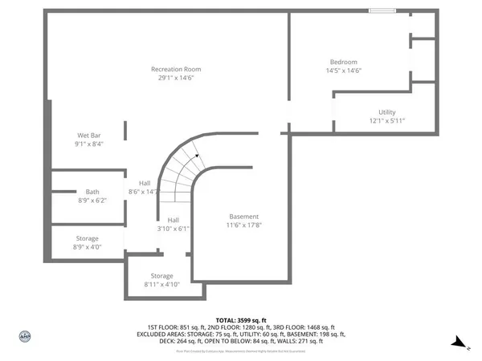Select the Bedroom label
(x=343, y=62)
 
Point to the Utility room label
(x=387, y=112)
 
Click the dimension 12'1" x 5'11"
(x=387, y=121)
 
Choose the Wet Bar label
(x=88, y=135)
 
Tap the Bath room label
(x=92, y=192)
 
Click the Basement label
(x=244, y=217)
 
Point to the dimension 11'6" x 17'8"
(x=244, y=226)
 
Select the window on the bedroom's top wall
(x=382, y=10)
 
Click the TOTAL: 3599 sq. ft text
(x=240, y=320)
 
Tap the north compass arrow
(x=459, y=343)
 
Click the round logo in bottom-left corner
(x=24, y=336)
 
